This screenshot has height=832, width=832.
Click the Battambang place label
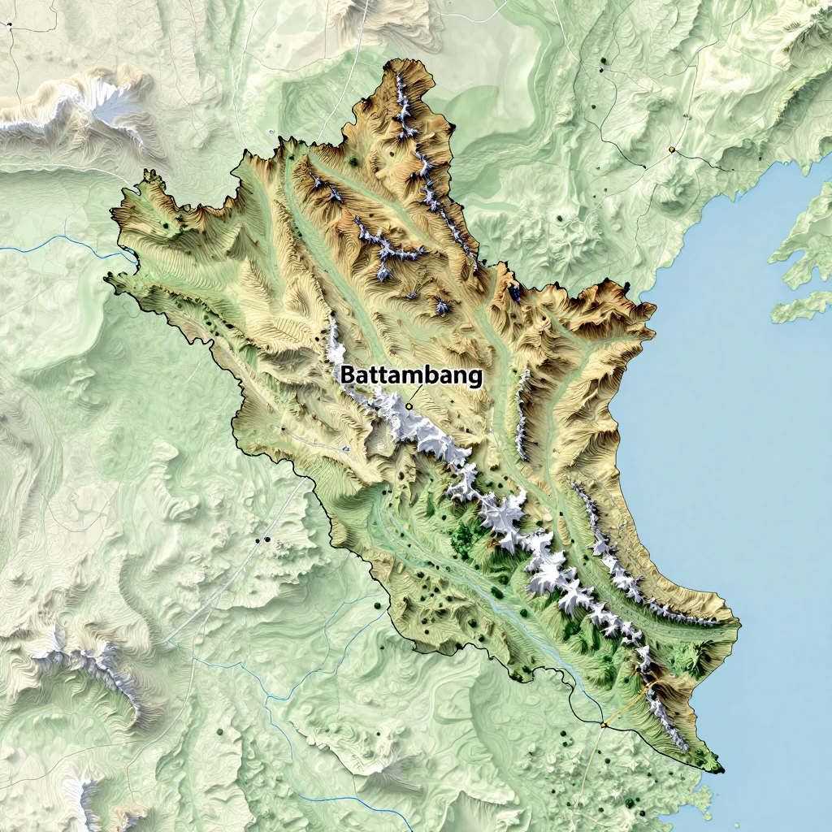(x=410, y=376)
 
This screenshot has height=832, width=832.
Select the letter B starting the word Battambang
(x=347, y=376)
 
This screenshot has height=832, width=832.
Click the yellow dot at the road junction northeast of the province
(x=671, y=149)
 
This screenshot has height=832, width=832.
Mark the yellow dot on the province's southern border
(x=604, y=724)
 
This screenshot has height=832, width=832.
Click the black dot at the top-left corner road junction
(x=10, y=25)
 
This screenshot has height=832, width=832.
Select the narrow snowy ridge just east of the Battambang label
(x=522, y=414)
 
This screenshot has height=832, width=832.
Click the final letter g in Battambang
(x=474, y=379)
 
